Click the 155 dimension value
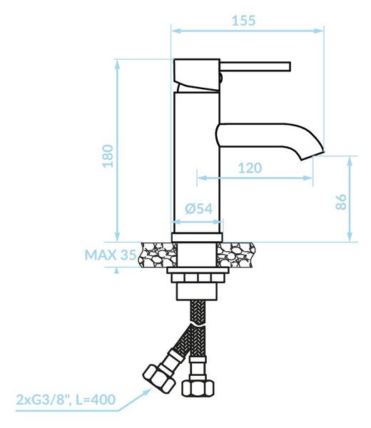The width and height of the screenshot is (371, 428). (243, 21)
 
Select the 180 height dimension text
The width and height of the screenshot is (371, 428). (108, 156)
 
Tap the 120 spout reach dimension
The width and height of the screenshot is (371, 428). (250, 168)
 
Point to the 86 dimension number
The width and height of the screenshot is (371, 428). (341, 202)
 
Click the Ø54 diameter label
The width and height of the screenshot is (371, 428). (199, 209)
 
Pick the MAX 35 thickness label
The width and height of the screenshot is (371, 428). (111, 255)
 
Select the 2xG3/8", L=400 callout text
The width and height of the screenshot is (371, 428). (66, 400)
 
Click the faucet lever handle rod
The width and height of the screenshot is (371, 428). (255, 67)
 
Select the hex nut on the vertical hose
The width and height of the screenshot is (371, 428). (198, 387)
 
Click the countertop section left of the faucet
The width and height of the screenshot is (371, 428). (158, 255)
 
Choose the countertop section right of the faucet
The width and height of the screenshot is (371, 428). (236, 255)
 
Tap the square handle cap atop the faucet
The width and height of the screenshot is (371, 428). (197, 74)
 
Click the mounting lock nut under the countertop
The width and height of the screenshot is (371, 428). (198, 278)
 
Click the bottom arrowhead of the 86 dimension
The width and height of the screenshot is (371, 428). (350, 237)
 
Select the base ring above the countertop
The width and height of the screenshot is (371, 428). (197, 238)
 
